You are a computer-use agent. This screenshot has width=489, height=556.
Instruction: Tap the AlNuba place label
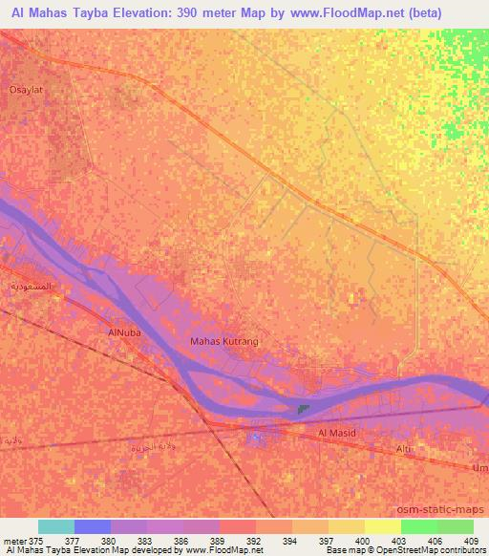[x=112, y=332]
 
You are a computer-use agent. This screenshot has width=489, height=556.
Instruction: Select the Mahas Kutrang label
[x=224, y=341]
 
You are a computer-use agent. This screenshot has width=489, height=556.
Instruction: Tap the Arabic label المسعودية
[x=30, y=286]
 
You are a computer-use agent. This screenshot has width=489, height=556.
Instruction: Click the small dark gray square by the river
[x=303, y=411]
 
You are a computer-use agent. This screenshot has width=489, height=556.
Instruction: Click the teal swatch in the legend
[x=56, y=526]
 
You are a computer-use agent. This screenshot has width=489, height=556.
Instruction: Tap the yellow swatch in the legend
[x=383, y=526]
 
